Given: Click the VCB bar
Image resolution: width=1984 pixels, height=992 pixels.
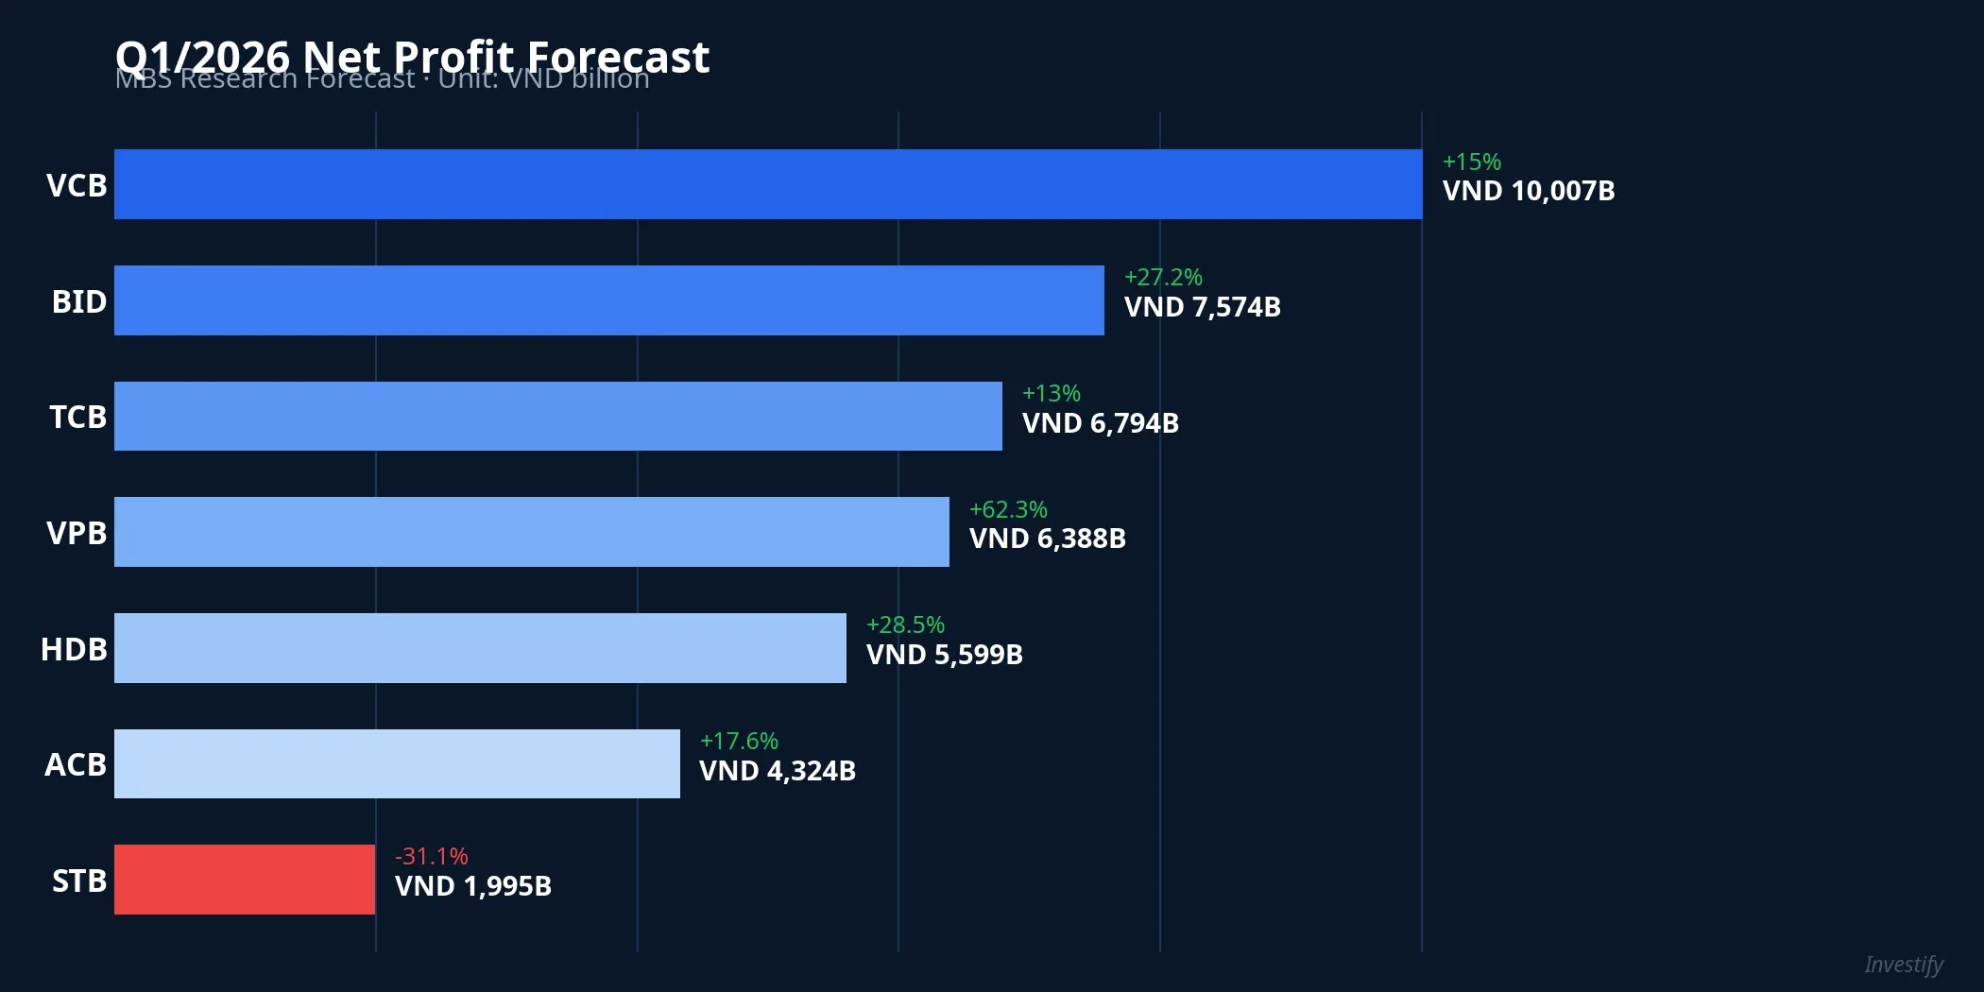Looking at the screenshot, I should (x=767, y=184).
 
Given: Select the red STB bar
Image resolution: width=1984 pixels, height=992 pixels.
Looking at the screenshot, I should (x=245, y=880).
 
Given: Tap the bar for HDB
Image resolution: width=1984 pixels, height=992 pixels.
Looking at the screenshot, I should (x=480, y=648).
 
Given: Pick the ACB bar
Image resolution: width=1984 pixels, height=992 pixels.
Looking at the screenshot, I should (x=397, y=763).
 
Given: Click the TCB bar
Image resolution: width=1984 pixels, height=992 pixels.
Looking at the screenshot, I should (x=557, y=417).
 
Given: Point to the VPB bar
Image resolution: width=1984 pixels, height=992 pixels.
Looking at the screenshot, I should (x=531, y=532).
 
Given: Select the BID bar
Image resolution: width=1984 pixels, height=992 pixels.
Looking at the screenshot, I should (x=608, y=300).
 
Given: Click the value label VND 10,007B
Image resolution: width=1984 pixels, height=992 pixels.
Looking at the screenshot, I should (x=1528, y=191).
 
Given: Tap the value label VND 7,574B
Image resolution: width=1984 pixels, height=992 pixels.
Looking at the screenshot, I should (x=1202, y=307).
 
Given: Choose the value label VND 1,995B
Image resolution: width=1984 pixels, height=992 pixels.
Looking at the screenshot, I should (x=472, y=886).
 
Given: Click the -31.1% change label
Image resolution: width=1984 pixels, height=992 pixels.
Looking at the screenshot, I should (x=431, y=856).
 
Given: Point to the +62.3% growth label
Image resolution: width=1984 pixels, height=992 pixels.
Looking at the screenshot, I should (x=1007, y=509).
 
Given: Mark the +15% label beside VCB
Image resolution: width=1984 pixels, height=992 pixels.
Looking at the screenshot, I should (x=1471, y=162).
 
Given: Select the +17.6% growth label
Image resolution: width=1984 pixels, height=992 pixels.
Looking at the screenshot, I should (x=738, y=741).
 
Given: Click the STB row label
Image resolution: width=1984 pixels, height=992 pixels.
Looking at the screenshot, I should (x=78, y=881).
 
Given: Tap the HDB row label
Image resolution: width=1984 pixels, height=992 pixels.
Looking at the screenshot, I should (x=74, y=649).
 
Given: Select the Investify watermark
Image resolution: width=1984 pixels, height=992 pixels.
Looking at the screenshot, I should (x=1903, y=965).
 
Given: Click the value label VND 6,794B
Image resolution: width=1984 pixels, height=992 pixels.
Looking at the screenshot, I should (x=1100, y=423).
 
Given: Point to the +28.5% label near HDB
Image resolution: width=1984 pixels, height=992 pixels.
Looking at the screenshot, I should (x=904, y=624).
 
